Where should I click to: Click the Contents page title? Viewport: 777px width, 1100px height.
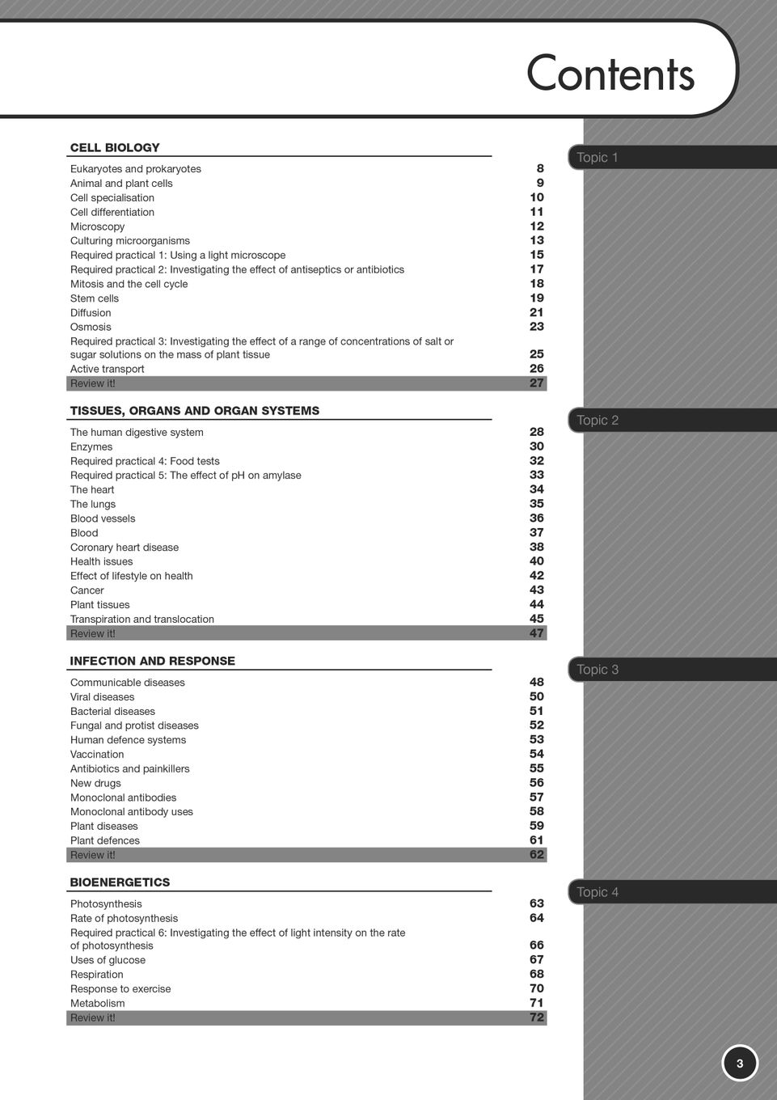coord(610,74)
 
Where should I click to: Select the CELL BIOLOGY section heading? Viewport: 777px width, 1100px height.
coord(115,148)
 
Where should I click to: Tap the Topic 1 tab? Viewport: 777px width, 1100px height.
coord(598,158)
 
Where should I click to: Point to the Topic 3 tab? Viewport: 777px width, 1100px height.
coord(598,670)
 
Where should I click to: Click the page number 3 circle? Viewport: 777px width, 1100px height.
coord(739,1064)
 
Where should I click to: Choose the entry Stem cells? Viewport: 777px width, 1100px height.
coord(95,298)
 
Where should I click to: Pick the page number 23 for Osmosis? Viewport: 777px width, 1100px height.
coord(537,327)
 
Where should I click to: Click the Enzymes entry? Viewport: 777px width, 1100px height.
coord(91,446)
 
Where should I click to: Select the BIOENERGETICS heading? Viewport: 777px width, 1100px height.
coord(120,882)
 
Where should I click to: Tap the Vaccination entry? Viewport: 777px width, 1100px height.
coord(97,754)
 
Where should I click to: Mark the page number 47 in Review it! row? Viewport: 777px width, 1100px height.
coord(537,633)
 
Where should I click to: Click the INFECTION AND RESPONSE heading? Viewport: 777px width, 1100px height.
coord(153,661)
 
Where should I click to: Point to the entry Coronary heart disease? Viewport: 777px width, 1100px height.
coord(125,548)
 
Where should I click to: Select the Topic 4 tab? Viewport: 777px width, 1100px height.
coord(598,892)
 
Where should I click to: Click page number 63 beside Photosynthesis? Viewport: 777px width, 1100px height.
coord(537,903)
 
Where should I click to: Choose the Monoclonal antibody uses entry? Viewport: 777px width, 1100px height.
coord(132,812)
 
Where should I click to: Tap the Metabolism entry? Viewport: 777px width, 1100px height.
coord(98,1004)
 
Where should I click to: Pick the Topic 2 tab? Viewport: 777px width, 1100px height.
coord(598,421)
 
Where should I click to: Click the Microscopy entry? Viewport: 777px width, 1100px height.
coord(98,226)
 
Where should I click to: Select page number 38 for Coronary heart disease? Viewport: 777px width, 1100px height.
coord(537,547)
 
